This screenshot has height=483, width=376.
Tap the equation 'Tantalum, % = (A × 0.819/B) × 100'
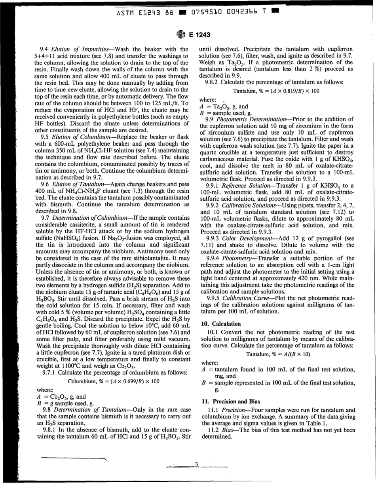pyautogui.click(x=276, y=91)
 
